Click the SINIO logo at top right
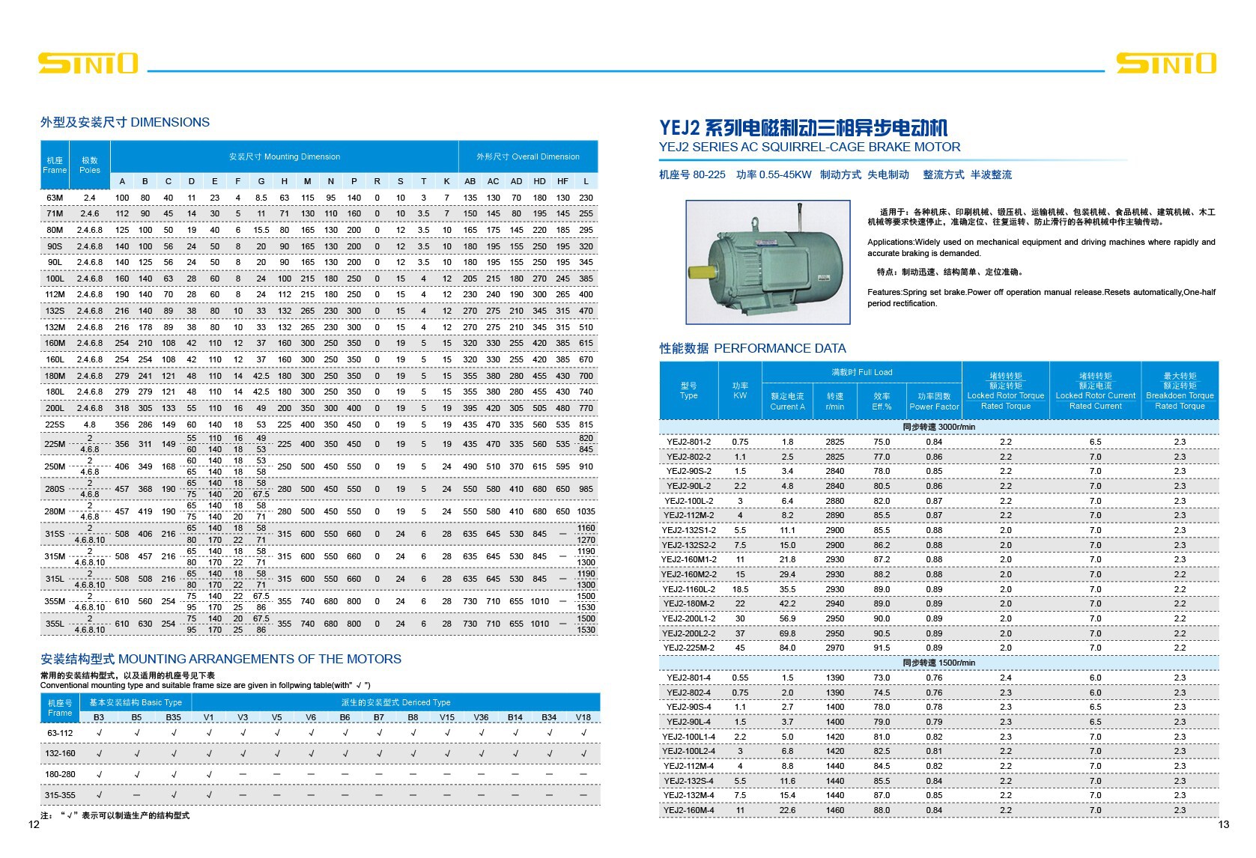pyautogui.click(x=1165, y=63)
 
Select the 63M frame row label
pyautogui.click(x=55, y=198)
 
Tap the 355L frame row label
pyautogui.click(x=55, y=624)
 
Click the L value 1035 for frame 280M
pyautogui.click(x=586, y=511)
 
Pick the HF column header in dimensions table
pyautogui.click(x=562, y=181)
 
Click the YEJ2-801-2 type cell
pyautogui.click(x=688, y=442)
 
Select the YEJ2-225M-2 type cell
pyautogui.click(x=688, y=648)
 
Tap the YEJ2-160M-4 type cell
pyautogui.click(x=688, y=810)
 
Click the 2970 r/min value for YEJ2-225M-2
pyautogui.click(x=834, y=648)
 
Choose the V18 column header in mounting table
pyautogui.click(x=583, y=717)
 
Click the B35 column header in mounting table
pyautogui.click(x=173, y=717)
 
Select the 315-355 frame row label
pyautogui.click(x=60, y=795)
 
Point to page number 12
pyautogui.click(x=33, y=825)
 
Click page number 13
pyautogui.click(x=1223, y=824)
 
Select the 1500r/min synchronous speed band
pyautogui.click(x=938, y=663)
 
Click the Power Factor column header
pyautogui.click(x=934, y=401)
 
